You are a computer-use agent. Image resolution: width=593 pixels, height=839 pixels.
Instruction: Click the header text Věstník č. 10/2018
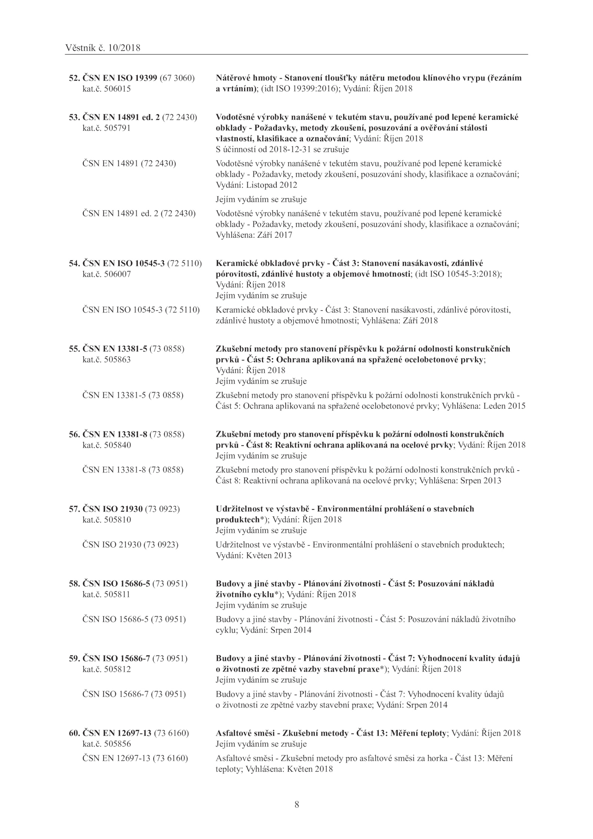point(103,48)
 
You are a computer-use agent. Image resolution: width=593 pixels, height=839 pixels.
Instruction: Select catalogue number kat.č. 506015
point(106,89)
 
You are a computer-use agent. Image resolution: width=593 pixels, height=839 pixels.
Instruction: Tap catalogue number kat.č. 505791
point(106,128)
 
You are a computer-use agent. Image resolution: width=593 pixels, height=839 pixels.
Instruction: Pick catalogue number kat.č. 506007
point(106,274)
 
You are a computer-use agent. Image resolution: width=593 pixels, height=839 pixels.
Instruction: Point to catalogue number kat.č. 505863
point(106,360)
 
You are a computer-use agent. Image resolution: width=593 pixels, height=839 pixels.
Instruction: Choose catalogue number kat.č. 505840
point(106,445)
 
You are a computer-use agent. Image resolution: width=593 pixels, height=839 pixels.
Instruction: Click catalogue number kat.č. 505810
point(106,520)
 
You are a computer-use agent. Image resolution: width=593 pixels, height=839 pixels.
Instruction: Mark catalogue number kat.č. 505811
point(106,594)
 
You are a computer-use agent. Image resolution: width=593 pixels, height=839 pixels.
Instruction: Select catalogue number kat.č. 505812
point(106,669)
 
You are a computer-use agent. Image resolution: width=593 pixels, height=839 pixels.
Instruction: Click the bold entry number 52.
point(74,78)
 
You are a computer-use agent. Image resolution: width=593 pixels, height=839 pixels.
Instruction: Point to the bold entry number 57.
point(74,509)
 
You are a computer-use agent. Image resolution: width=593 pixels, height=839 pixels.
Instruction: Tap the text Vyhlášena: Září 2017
point(254,235)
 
